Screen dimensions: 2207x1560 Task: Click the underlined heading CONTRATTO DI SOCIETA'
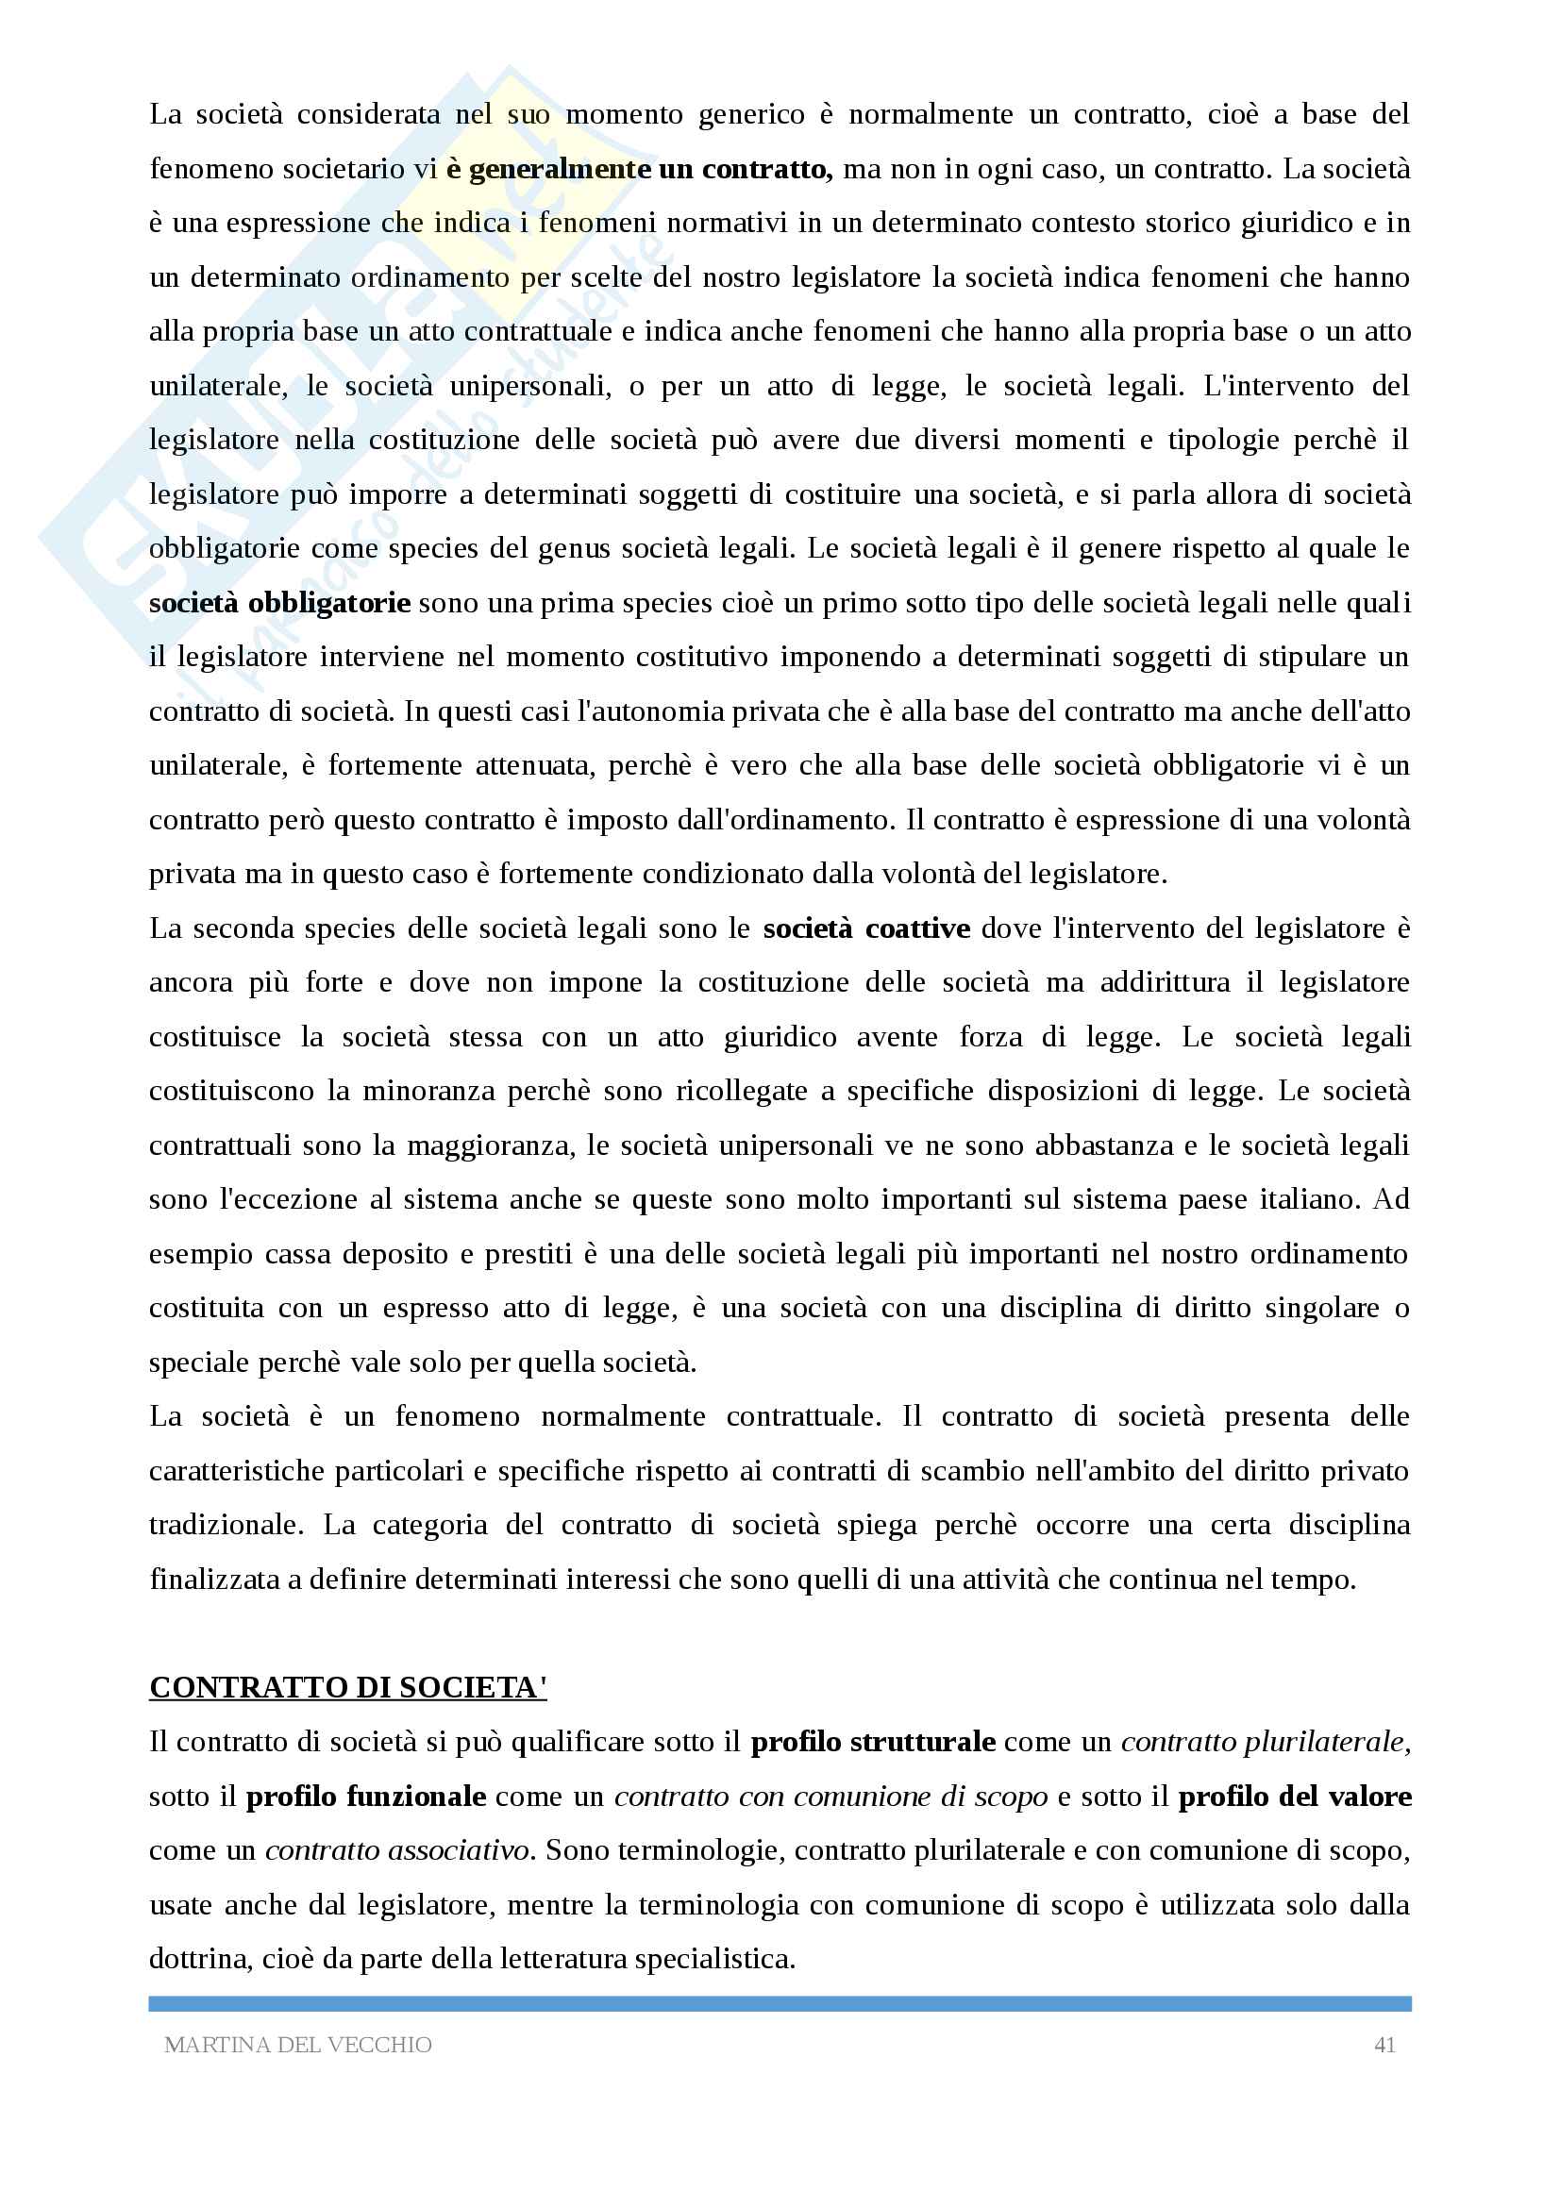coord(348,1687)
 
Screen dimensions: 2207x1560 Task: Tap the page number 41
coord(1384,2045)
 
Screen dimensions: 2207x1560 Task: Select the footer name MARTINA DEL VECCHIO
coord(298,2045)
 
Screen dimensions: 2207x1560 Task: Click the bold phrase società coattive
coord(866,928)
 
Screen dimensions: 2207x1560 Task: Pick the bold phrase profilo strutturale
coord(873,1742)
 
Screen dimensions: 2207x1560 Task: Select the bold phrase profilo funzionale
coord(365,1796)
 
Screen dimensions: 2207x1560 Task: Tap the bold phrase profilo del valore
coord(1295,1796)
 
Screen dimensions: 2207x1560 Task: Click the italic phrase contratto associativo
coord(398,1850)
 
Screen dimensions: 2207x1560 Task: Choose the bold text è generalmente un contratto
coord(638,169)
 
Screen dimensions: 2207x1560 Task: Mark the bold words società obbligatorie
coord(279,604)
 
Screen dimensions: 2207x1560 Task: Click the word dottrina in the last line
coord(200,1958)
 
